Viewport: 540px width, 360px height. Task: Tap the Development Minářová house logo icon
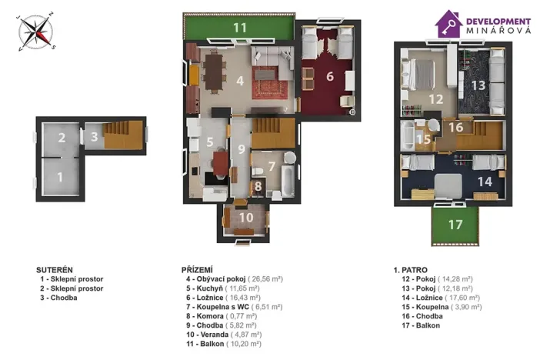point(448,25)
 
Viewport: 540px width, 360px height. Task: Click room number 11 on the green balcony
point(240,28)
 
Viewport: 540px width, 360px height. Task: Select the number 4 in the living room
point(240,79)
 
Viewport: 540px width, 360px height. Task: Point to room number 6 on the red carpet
point(329,76)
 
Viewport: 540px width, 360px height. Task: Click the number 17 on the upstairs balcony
point(455,225)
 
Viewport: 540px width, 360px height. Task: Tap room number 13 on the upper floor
point(478,85)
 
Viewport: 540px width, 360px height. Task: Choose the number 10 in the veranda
point(245,217)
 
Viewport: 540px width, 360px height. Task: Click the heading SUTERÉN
point(55,269)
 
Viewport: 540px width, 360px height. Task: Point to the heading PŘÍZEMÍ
point(196,269)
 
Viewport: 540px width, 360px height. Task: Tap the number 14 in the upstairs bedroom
point(485,182)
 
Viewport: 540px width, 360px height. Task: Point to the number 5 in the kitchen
point(209,142)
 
